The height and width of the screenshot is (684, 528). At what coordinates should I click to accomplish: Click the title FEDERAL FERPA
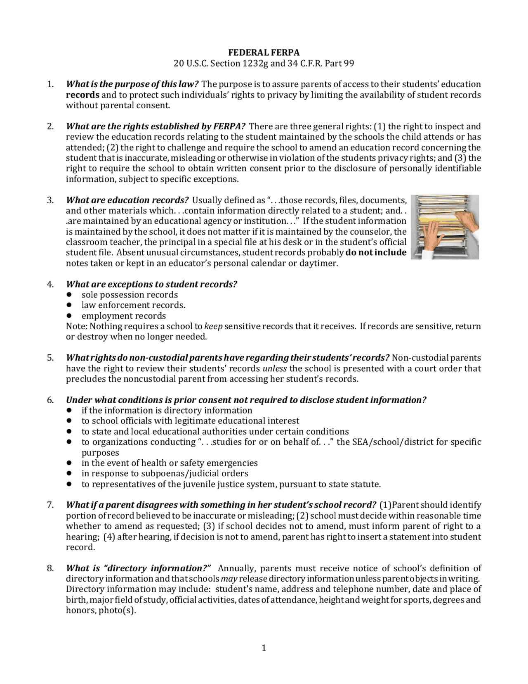coord(264,52)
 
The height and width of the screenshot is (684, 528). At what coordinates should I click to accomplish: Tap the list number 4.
coord(50,284)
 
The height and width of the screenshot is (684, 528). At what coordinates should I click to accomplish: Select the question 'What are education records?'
coord(127,200)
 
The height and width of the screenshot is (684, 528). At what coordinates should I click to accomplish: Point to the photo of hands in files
coord(447,227)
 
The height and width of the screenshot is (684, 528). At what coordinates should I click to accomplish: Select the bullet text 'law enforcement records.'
coord(133,305)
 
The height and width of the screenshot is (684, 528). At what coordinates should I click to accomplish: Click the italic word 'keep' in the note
coord(214,326)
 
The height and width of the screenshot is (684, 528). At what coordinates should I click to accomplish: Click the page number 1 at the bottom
coord(264,648)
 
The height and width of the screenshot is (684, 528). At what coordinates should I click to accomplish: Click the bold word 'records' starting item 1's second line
coord(82,95)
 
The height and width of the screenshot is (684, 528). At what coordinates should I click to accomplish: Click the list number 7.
coord(50,505)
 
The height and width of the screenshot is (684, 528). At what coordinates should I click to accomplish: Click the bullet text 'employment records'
coord(124,316)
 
